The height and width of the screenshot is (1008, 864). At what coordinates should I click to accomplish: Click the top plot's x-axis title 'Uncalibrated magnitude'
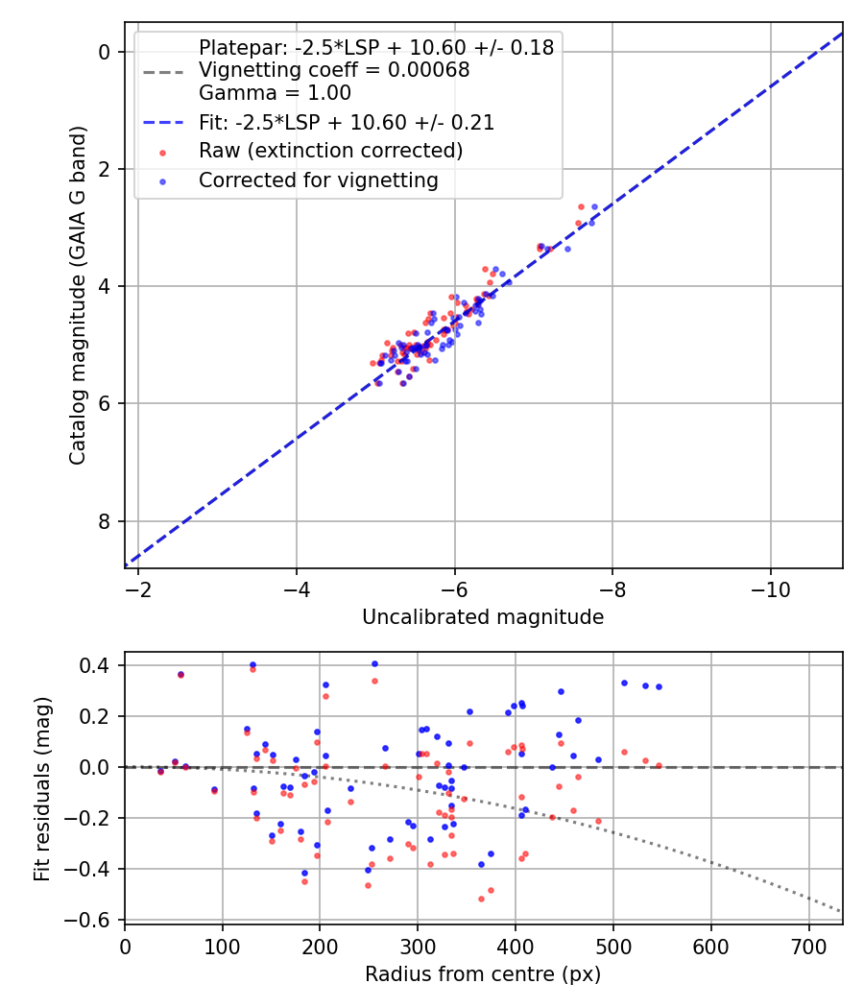(483, 617)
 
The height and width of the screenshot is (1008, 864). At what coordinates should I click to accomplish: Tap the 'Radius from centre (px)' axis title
(483, 973)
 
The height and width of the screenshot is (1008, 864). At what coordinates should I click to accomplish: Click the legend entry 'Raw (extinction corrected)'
(331, 151)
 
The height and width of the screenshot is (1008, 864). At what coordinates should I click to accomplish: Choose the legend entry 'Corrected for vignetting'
(318, 180)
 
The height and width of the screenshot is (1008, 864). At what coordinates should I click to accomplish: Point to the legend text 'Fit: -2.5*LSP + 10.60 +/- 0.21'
(347, 122)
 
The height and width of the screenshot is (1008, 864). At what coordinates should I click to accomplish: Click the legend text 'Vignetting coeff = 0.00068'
(334, 70)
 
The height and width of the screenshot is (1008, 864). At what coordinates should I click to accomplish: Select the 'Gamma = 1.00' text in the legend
(275, 93)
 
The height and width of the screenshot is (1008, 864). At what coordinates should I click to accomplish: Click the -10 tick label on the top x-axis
(771, 586)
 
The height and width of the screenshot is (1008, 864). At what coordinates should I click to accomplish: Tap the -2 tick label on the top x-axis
(138, 586)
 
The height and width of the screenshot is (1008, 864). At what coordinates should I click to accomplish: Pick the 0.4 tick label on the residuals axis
(98, 665)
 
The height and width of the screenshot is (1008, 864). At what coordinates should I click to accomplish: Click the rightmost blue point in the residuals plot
(659, 686)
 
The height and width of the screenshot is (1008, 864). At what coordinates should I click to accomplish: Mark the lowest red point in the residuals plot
(481, 899)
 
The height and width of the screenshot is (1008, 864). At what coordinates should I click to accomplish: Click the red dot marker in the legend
(162, 152)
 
